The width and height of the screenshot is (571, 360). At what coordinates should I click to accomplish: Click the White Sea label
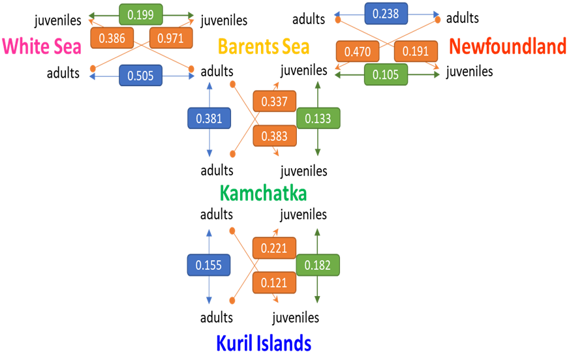coord(41,46)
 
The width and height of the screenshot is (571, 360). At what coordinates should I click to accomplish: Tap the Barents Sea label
coord(263,46)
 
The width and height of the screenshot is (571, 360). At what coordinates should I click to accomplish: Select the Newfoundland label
coord(508,46)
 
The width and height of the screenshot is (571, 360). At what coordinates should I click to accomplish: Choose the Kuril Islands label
coord(263,343)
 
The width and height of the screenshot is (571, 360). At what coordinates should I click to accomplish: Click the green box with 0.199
coord(141,14)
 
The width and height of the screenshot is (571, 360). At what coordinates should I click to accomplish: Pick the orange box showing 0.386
coord(112,38)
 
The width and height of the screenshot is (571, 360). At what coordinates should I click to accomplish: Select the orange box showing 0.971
coord(170,38)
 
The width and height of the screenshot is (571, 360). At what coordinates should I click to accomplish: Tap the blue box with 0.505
coord(141,76)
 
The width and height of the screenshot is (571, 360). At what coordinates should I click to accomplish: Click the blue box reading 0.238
coord(386,13)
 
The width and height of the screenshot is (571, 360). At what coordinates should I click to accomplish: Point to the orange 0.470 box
coord(358,52)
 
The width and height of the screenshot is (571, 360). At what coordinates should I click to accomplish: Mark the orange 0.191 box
coord(416,52)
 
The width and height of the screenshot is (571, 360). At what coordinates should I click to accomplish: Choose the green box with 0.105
coord(386,74)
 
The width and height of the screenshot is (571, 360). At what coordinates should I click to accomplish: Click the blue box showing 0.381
coord(209,119)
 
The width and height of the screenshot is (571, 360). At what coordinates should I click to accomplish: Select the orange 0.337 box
coord(275,102)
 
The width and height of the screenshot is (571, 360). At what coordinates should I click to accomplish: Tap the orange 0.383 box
coord(275,135)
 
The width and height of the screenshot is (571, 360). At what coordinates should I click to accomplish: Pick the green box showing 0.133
coord(318,119)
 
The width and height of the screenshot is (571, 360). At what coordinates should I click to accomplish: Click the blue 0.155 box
coord(209,265)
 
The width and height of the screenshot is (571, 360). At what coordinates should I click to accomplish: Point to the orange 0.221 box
coord(275,248)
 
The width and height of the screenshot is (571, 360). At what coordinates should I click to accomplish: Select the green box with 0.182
coord(318,265)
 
